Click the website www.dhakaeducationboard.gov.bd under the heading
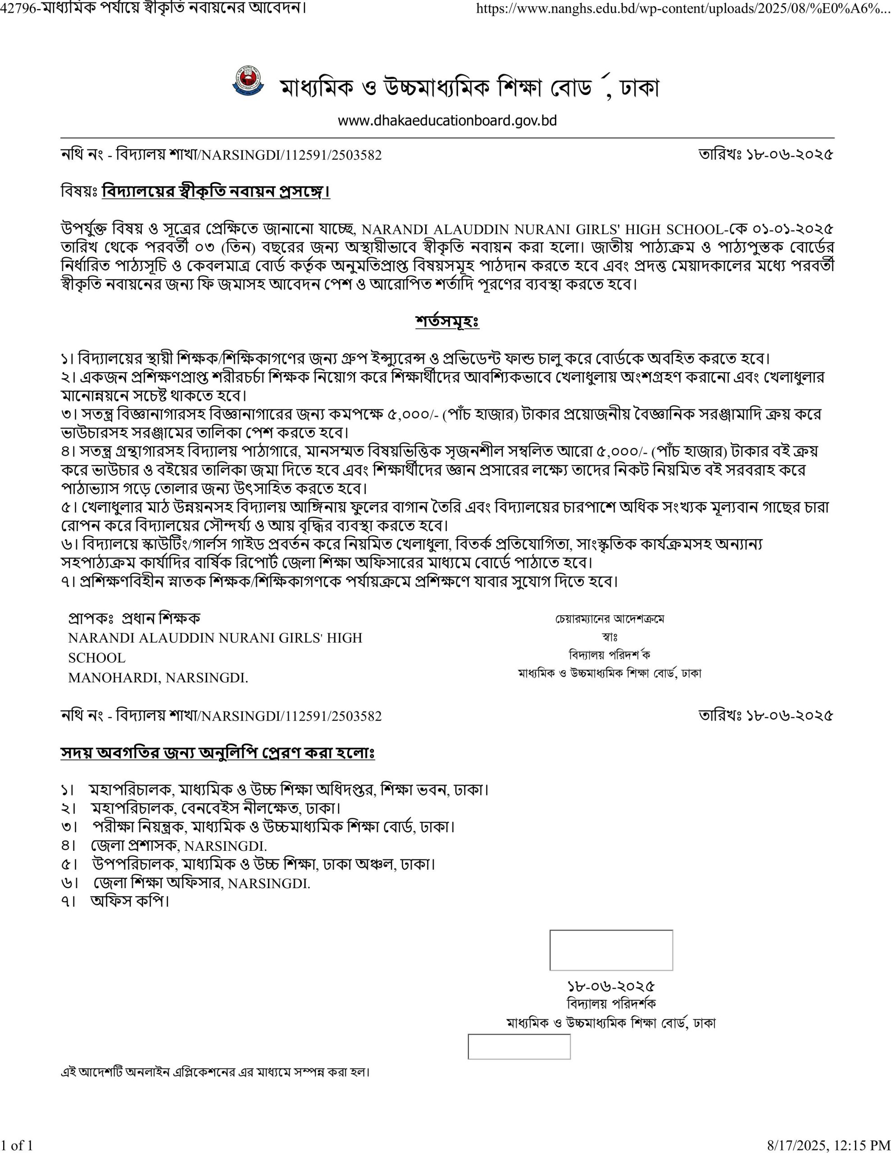tap(447, 121)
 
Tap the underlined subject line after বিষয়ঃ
tap(215, 191)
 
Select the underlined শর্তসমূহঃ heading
tap(447, 321)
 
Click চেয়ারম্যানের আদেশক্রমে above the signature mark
tap(609, 619)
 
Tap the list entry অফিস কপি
tap(129, 901)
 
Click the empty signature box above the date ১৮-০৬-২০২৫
tap(611, 950)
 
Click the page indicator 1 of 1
tap(17, 1145)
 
